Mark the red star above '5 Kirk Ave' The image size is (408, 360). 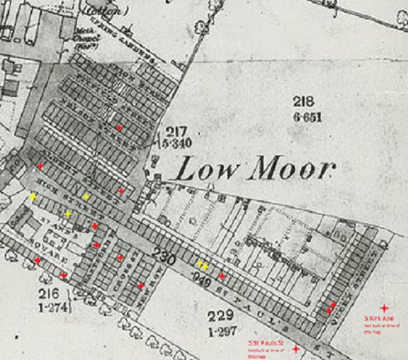pos(384,307)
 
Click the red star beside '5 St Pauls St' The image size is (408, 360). pos(297,350)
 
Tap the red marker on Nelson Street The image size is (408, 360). pos(119,128)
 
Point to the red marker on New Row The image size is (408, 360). pos(140,285)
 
